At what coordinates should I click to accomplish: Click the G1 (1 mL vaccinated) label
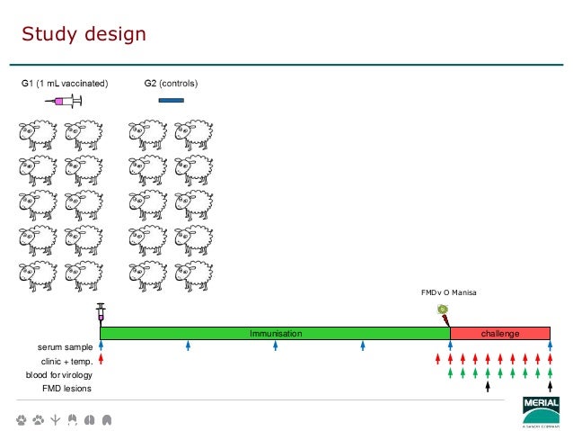(65, 84)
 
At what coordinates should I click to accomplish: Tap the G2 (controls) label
(171, 84)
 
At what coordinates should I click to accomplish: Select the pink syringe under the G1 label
(63, 101)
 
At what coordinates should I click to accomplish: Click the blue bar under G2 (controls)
(171, 100)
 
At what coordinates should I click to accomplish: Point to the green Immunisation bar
(275, 334)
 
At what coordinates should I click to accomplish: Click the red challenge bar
(499, 334)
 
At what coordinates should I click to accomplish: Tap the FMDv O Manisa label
(449, 293)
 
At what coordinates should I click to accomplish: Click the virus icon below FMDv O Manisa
(443, 311)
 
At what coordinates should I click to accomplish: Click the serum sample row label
(66, 346)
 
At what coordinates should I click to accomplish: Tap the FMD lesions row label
(67, 388)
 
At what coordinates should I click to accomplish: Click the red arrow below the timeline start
(101, 360)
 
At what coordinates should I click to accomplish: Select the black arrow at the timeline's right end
(549, 387)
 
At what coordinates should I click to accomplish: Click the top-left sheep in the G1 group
(37, 135)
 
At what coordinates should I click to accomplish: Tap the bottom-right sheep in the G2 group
(193, 274)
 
